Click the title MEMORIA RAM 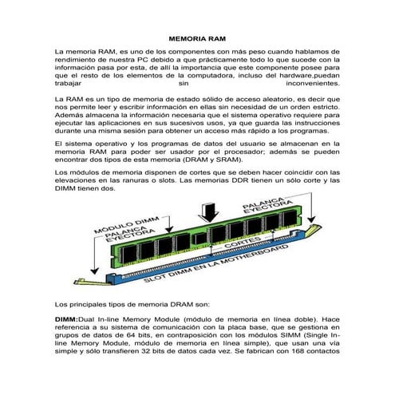197,38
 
